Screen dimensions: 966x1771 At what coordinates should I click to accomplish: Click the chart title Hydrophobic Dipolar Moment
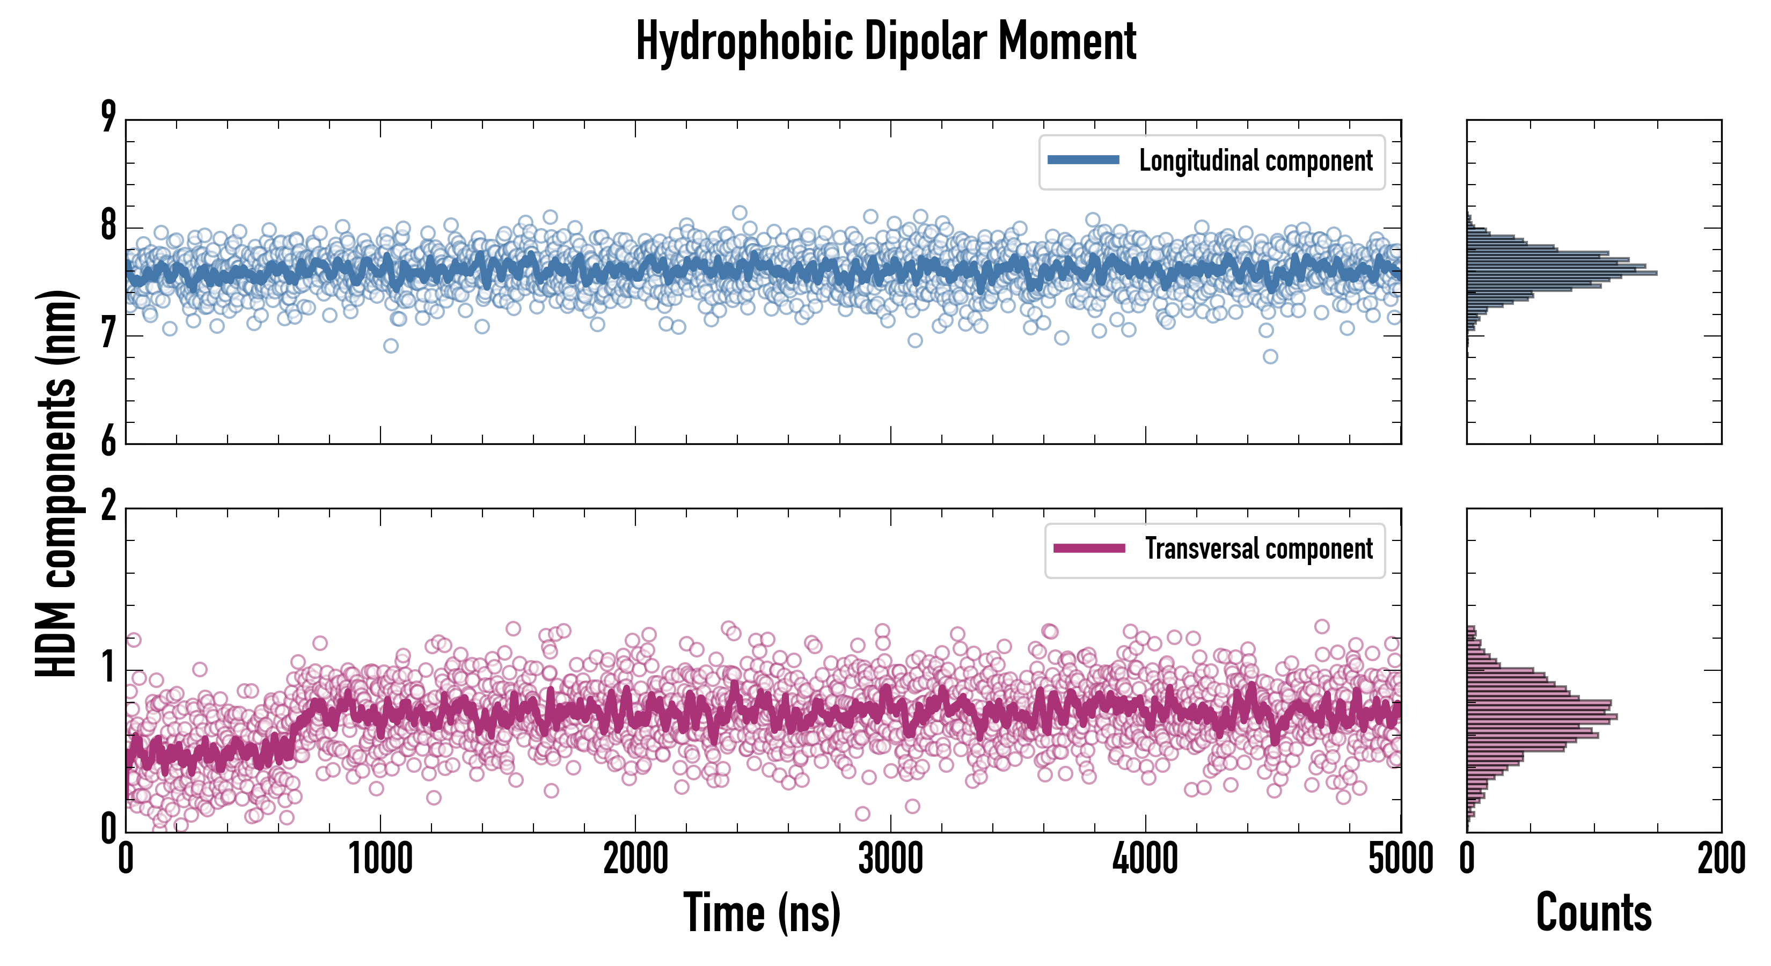point(885,41)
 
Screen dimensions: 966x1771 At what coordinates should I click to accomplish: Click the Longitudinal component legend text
point(1255,161)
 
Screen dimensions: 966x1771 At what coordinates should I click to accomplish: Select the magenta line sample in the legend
point(1088,548)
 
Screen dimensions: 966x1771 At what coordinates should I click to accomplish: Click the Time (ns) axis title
point(762,913)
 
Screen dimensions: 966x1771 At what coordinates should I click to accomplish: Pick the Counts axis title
point(1593,913)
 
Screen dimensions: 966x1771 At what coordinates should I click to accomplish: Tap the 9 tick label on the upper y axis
point(108,117)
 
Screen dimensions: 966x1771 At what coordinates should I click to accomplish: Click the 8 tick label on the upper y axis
point(108,226)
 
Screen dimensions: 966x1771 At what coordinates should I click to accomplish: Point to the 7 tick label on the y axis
point(108,335)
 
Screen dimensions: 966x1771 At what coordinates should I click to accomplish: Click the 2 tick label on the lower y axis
point(108,507)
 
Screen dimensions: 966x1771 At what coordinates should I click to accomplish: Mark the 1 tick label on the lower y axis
point(108,668)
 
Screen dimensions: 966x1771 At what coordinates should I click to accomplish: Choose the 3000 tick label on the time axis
point(890,859)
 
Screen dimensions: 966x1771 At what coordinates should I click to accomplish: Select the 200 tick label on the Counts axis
point(1721,859)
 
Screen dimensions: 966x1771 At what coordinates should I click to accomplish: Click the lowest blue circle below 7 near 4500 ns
point(1270,356)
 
